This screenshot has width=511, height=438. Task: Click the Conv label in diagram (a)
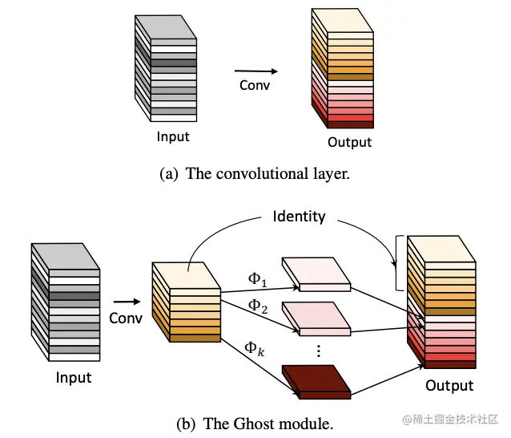(x=255, y=85)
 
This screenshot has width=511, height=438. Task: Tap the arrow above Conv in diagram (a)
(x=256, y=71)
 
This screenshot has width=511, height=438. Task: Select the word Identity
(x=299, y=217)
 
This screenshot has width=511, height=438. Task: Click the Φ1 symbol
(x=257, y=280)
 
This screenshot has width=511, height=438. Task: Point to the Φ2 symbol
(x=258, y=306)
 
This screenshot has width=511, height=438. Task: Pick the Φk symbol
(x=255, y=349)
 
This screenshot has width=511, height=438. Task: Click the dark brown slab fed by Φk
(x=316, y=382)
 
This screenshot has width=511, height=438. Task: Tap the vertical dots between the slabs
(x=319, y=351)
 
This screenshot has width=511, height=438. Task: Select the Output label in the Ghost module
(x=449, y=385)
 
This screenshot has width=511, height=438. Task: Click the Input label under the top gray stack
(x=173, y=136)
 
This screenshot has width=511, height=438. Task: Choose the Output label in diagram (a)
(x=350, y=142)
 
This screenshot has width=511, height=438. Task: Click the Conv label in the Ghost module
(x=126, y=318)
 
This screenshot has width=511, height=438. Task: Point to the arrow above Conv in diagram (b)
(x=127, y=302)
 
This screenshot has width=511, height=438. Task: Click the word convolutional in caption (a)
(x=262, y=173)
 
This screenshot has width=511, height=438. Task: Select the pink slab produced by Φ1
(x=316, y=274)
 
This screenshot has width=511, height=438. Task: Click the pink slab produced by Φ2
(x=316, y=318)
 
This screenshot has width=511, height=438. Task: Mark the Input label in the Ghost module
(x=74, y=378)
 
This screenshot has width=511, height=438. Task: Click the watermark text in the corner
(x=450, y=419)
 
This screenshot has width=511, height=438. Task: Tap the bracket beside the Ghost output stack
(x=396, y=263)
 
